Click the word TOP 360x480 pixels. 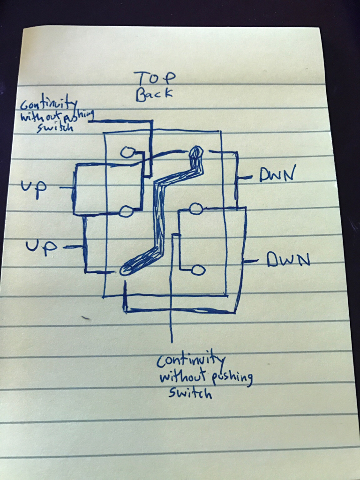pyautogui.click(x=155, y=79)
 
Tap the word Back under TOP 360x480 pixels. pyautogui.click(x=154, y=94)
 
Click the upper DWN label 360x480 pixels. pyautogui.click(x=277, y=173)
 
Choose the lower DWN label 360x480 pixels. pyautogui.click(x=288, y=260)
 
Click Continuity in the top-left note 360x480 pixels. pyautogui.click(x=48, y=104)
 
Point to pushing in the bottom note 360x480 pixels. pyautogui.click(x=232, y=378)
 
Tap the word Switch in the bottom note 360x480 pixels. pyautogui.click(x=190, y=392)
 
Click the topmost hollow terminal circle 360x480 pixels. pyautogui.click(x=127, y=152)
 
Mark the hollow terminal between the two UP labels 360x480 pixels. pyautogui.click(x=126, y=211)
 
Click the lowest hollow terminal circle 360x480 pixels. pyautogui.click(x=199, y=270)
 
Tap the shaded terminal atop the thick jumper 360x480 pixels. pyautogui.click(x=196, y=152)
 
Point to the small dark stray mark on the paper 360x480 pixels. pyautogui.click(x=86, y=318)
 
